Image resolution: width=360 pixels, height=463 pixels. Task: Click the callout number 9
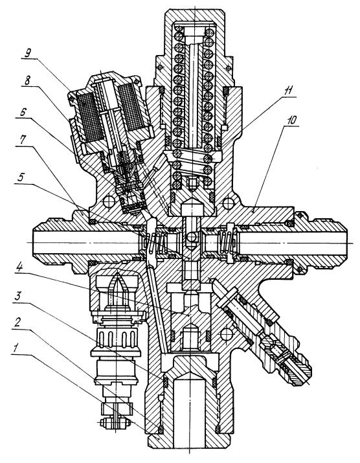[x=28, y=53]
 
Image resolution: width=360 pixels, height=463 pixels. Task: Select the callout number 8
[x=27, y=80]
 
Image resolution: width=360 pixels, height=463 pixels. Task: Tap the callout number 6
[x=23, y=112]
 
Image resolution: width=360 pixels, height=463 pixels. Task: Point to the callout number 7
[x=23, y=141]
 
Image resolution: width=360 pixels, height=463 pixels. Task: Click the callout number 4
[x=19, y=268]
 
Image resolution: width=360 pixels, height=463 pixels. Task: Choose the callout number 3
[x=18, y=297]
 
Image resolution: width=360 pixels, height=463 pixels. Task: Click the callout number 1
[x=15, y=349]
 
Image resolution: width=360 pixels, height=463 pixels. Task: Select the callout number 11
[x=288, y=91]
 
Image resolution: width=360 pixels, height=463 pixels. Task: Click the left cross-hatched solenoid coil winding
[x=89, y=114]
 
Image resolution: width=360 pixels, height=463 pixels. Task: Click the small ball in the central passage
[x=192, y=236]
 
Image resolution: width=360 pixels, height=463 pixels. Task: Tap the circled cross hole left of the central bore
[x=109, y=202]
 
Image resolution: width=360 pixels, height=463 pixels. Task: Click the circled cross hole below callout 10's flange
[x=229, y=203]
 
